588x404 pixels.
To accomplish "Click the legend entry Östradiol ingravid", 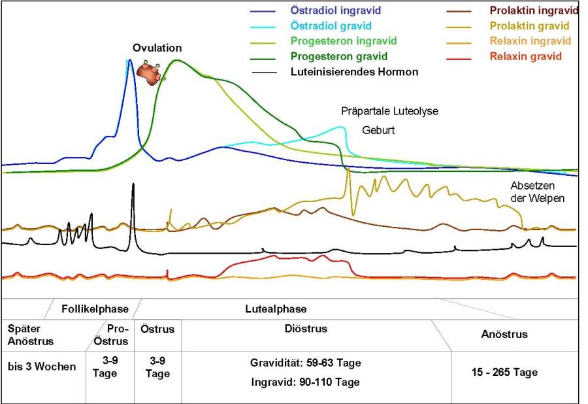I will click(x=335, y=11).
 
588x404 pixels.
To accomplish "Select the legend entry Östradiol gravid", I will click(x=331, y=26).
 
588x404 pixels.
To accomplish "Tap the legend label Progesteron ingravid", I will click(x=343, y=41).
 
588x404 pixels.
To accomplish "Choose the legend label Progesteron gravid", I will click(x=339, y=56).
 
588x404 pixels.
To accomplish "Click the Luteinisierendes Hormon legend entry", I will click(x=354, y=72).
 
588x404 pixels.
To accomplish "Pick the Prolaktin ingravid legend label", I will click(x=534, y=11).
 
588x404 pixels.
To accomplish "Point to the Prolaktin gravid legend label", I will click(x=530, y=26).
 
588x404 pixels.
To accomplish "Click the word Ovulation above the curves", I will click(x=157, y=48).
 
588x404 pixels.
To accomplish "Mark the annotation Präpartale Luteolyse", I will click(x=389, y=112).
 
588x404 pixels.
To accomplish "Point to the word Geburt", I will click(x=379, y=130).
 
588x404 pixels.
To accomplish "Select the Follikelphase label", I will click(x=95, y=309).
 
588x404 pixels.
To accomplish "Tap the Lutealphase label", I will click(x=276, y=309).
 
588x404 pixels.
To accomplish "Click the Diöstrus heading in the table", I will click(x=306, y=329).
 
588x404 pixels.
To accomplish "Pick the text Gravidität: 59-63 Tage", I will click(x=306, y=363).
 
